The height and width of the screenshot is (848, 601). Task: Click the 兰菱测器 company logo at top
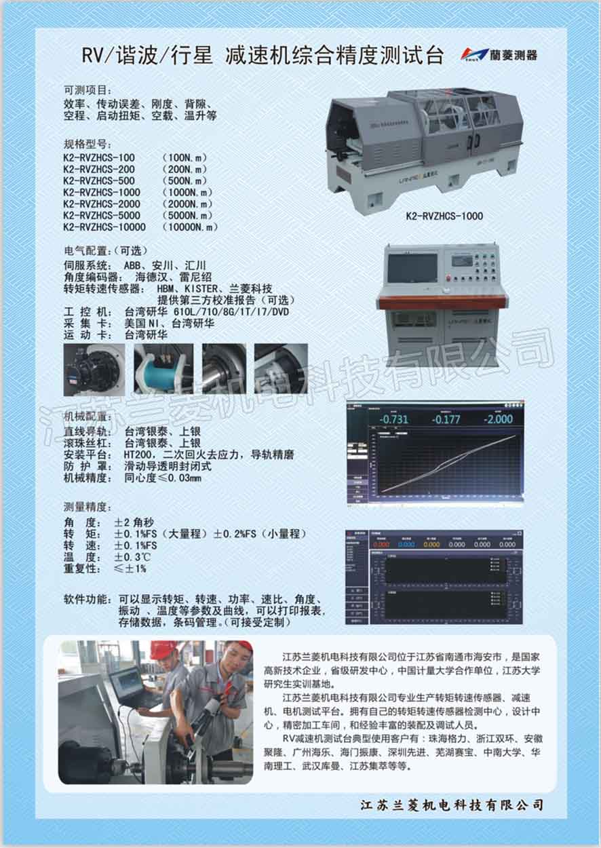click(499, 54)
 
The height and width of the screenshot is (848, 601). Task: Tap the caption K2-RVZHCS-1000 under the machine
click(444, 216)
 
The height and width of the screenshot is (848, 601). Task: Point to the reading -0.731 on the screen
click(394, 419)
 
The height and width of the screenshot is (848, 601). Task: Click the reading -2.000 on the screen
click(498, 419)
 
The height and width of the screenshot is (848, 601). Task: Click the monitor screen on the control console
click(412, 267)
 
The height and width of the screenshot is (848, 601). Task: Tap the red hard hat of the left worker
click(163, 650)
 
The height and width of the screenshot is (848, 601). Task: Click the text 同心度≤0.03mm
click(163, 478)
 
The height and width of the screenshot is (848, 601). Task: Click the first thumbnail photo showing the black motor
click(94, 369)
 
